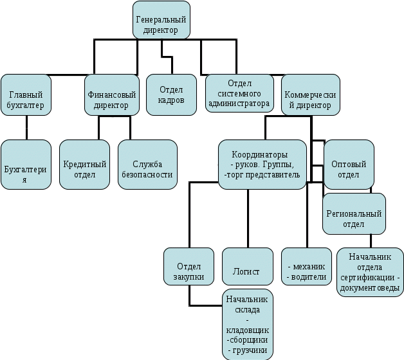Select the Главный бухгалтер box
pyautogui.click(x=26, y=94)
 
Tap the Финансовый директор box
pyautogui.click(x=111, y=94)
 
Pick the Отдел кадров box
pyautogui.click(x=171, y=94)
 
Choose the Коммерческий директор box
pyautogui.click(x=311, y=94)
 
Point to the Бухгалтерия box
pyautogui.click(x=26, y=165)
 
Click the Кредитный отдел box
pyautogui.click(x=85, y=165)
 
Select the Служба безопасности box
pyautogui.click(x=147, y=165)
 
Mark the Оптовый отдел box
pyautogui.click(x=349, y=165)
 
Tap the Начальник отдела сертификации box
pyautogui.click(x=370, y=271)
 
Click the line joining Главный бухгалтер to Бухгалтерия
pyautogui.click(x=26, y=127)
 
